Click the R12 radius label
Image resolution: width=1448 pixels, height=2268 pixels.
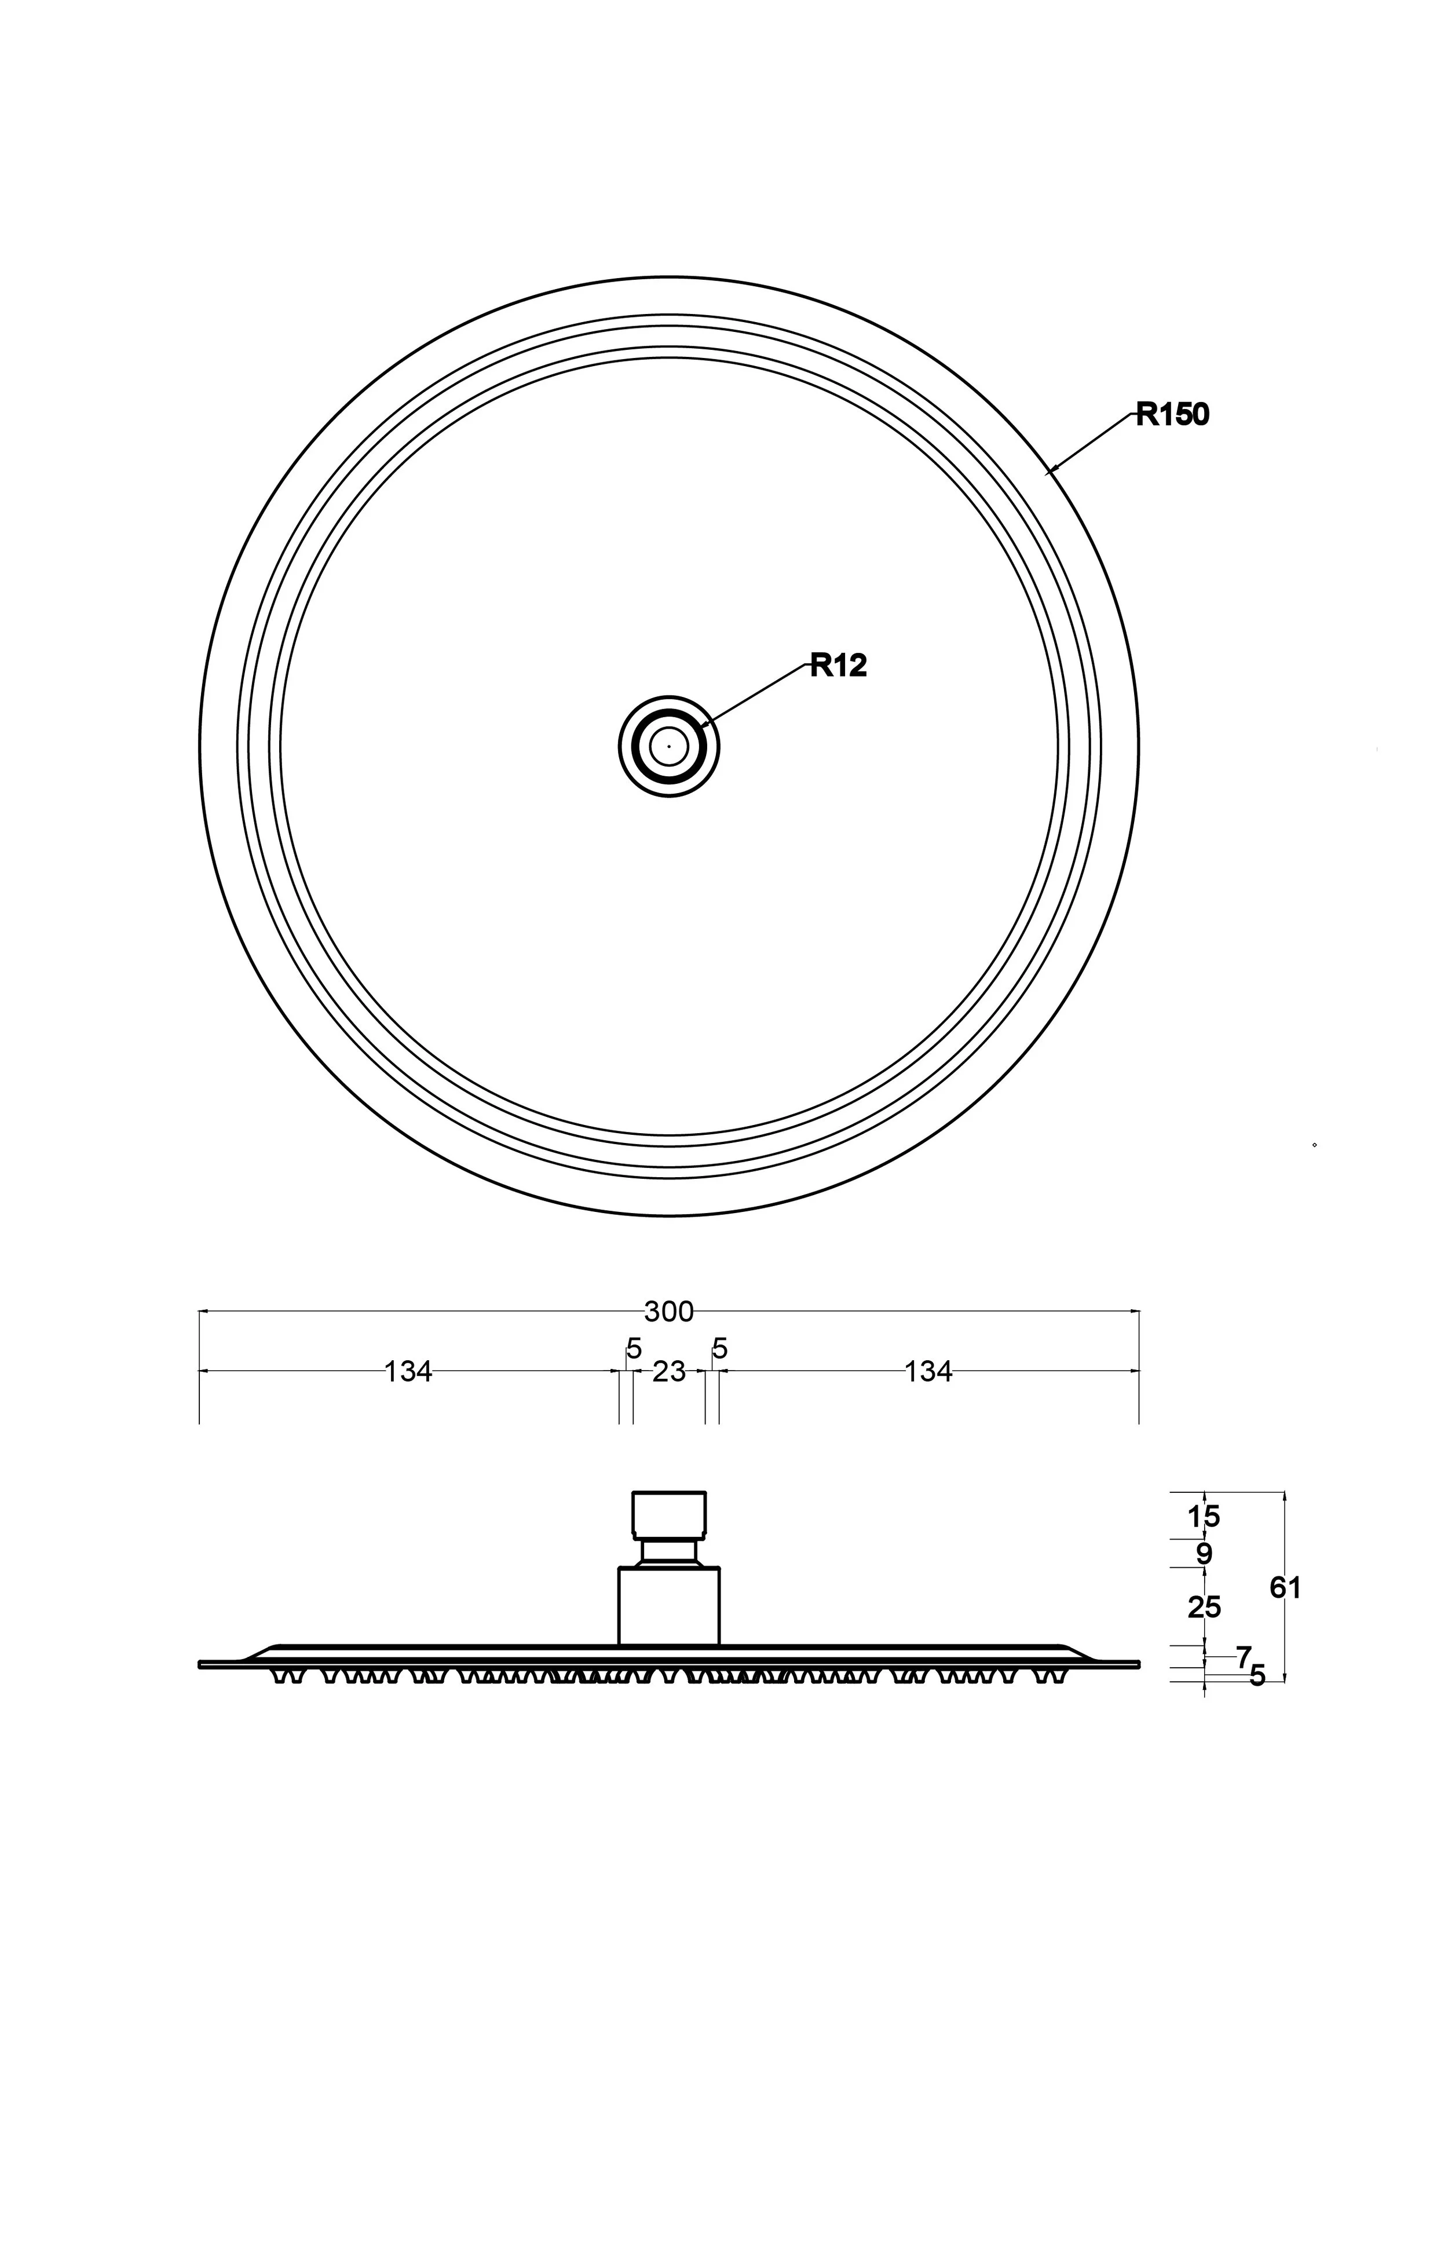[x=838, y=666]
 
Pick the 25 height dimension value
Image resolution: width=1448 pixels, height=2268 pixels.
[x=1204, y=1608]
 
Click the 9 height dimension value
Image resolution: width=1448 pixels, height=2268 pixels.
[x=1204, y=1554]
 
